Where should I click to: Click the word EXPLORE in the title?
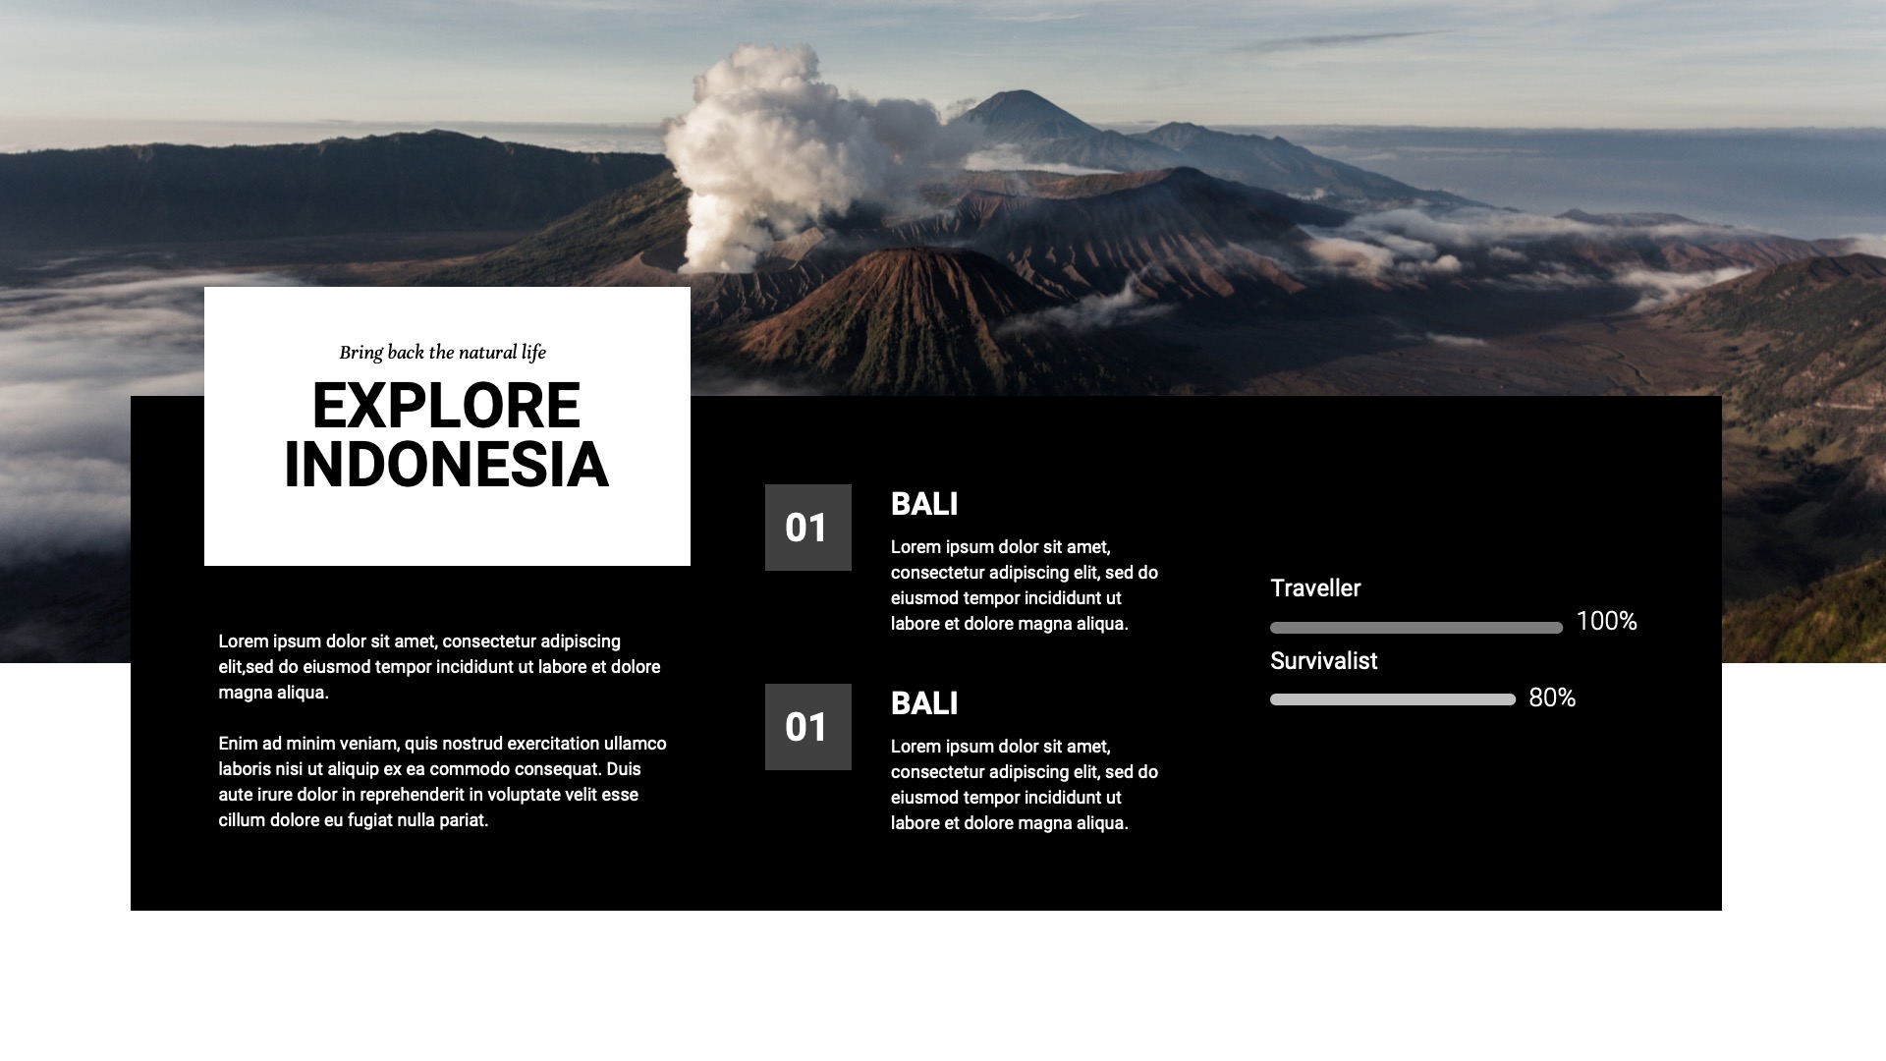(x=446, y=406)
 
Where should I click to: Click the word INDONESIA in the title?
(x=446, y=465)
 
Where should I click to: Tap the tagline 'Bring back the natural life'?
(x=442, y=352)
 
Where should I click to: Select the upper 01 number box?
(x=807, y=528)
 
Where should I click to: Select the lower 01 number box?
(x=807, y=727)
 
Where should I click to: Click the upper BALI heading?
(x=923, y=504)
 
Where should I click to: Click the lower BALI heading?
(x=923, y=703)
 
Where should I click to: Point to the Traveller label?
(x=1315, y=588)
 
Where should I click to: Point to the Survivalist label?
(x=1323, y=661)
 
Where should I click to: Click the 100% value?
(x=1606, y=621)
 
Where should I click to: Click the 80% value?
(x=1552, y=698)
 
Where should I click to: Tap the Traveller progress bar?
(x=1415, y=628)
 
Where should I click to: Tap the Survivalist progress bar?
(x=1392, y=699)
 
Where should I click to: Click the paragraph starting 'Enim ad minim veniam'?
(x=442, y=782)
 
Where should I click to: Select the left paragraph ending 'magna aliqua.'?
(x=439, y=667)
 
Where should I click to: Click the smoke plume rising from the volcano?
(x=756, y=147)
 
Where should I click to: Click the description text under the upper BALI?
(x=1024, y=586)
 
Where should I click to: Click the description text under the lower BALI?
(x=1024, y=785)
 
